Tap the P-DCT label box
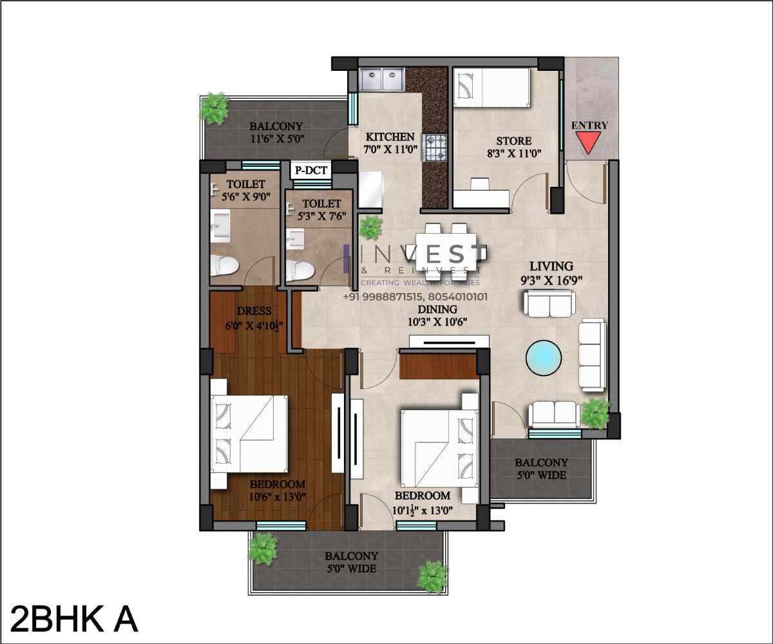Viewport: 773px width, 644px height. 310,170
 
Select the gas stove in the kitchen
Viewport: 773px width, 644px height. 435,147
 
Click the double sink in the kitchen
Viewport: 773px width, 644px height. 383,79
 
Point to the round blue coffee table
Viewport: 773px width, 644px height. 544,358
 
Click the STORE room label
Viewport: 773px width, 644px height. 514,141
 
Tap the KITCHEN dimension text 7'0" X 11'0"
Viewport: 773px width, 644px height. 390,149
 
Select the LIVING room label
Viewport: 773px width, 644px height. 551,266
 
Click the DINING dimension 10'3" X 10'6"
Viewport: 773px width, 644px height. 437,321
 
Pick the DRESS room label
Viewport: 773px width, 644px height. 254,311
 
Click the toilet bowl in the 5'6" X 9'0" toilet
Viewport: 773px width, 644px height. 224,265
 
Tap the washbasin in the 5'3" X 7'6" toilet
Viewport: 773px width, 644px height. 295,239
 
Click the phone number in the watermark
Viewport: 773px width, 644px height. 415,297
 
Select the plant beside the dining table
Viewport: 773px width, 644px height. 370,227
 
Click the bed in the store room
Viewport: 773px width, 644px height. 491,88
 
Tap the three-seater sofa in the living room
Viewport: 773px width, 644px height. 593,355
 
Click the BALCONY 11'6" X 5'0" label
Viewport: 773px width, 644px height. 276,133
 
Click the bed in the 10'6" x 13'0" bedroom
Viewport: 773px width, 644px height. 249,434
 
